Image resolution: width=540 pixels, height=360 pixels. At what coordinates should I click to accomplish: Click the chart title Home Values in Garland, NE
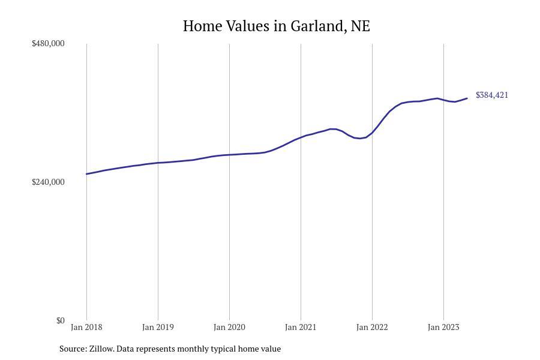tap(276, 26)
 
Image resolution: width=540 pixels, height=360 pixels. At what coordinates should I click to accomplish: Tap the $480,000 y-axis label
tap(48, 44)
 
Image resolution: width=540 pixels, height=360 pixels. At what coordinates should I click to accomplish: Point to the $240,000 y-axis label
tap(48, 182)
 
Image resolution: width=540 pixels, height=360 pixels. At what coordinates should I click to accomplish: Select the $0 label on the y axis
tap(60, 321)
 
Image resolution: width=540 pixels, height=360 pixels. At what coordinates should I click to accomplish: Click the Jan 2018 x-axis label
tap(86, 328)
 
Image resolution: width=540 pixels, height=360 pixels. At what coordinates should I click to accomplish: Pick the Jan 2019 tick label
tap(158, 328)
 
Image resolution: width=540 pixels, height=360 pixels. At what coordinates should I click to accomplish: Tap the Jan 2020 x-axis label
tap(229, 328)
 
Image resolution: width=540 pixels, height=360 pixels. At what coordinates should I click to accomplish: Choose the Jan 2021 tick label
tap(301, 328)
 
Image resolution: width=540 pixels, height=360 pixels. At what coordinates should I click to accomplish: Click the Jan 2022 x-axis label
tap(372, 328)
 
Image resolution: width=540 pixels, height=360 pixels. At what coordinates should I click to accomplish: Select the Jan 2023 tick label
tap(443, 328)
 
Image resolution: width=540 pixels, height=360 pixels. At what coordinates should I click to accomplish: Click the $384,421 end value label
tap(492, 95)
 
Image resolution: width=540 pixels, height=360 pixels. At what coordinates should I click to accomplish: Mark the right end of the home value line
tap(467, 98)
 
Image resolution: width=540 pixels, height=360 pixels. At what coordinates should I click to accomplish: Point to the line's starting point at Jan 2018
tap(86, 174)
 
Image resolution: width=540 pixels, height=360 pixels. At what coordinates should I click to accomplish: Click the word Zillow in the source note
tap(100, 349)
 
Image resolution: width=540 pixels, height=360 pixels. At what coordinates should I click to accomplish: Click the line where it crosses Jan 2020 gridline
tap(229, 155)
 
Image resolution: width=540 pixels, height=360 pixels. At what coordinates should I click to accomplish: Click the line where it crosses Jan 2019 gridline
tap(158, 163)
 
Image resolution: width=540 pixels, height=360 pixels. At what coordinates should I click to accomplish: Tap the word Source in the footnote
tap(72, 349)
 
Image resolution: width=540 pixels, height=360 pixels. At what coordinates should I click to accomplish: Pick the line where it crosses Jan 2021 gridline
tap(301, 137)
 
